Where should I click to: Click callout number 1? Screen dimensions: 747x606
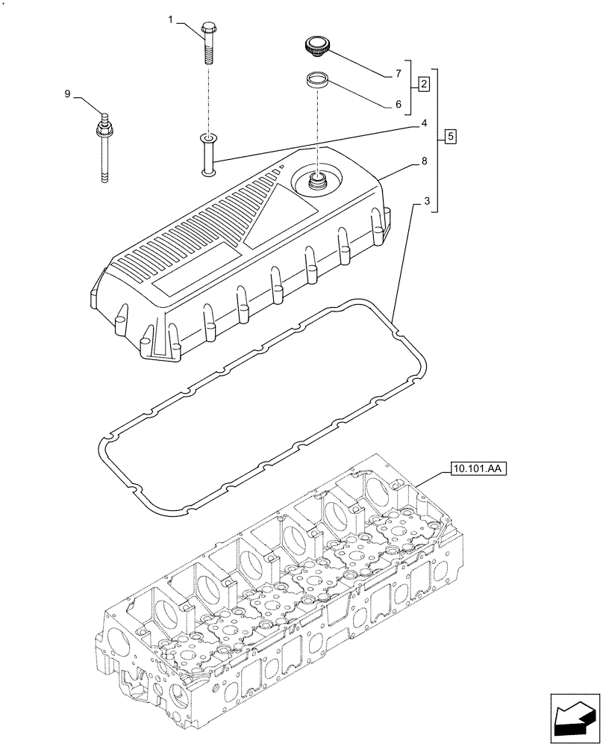170,21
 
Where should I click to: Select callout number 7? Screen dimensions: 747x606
398,73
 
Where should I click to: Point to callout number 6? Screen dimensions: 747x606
398,105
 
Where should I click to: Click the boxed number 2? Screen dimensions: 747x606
423,84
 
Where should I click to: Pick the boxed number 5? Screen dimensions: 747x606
449,137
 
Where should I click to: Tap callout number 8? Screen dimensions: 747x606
424,161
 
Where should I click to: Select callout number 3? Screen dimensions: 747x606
425,202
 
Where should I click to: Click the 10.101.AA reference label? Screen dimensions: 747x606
478,470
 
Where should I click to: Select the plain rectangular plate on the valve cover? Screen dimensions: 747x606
196,273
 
